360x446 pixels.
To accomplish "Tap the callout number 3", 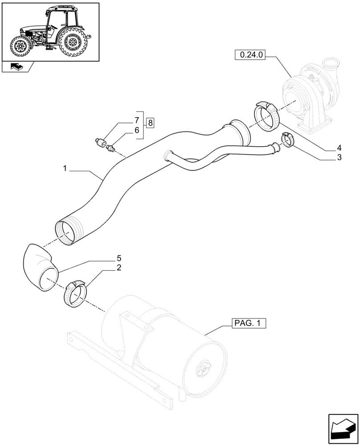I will point(339,157).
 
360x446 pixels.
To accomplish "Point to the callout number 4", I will point(339,148).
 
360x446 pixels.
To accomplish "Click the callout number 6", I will point(137,130).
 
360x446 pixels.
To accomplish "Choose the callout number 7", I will point(137,120).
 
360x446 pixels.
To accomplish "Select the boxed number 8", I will point(150,123).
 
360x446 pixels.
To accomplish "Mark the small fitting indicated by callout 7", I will point(101,143).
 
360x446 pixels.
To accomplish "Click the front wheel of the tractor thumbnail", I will point(20,46).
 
